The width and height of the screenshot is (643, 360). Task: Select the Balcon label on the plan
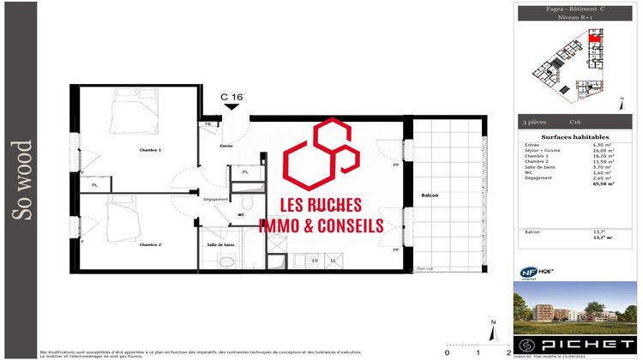point(430,196)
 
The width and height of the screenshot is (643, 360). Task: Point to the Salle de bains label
point(220,244)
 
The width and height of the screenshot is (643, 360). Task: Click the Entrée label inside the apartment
point(226,147)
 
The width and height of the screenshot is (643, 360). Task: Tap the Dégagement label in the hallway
point(214,200)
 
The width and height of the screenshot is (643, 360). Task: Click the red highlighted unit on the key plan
point(595,38)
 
